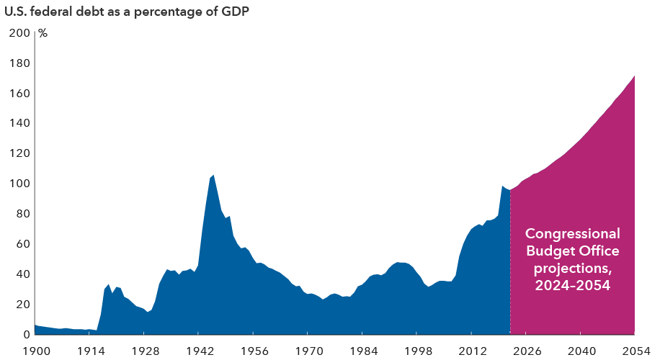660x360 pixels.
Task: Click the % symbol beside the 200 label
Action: (x=43, y=33)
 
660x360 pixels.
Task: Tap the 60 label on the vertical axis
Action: (x=22, y=244)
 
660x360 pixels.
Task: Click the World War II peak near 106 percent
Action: (x=213, y=176)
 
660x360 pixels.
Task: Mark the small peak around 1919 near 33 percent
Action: (x=109, y=285)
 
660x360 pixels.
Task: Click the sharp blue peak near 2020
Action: (x=502, y=187)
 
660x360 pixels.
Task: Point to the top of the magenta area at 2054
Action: (x=634, y=76)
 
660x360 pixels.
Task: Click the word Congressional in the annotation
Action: (x=572, y=234)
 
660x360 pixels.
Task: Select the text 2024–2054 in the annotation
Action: (x=572, y=286)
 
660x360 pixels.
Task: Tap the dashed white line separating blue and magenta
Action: (x=510, y=274)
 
